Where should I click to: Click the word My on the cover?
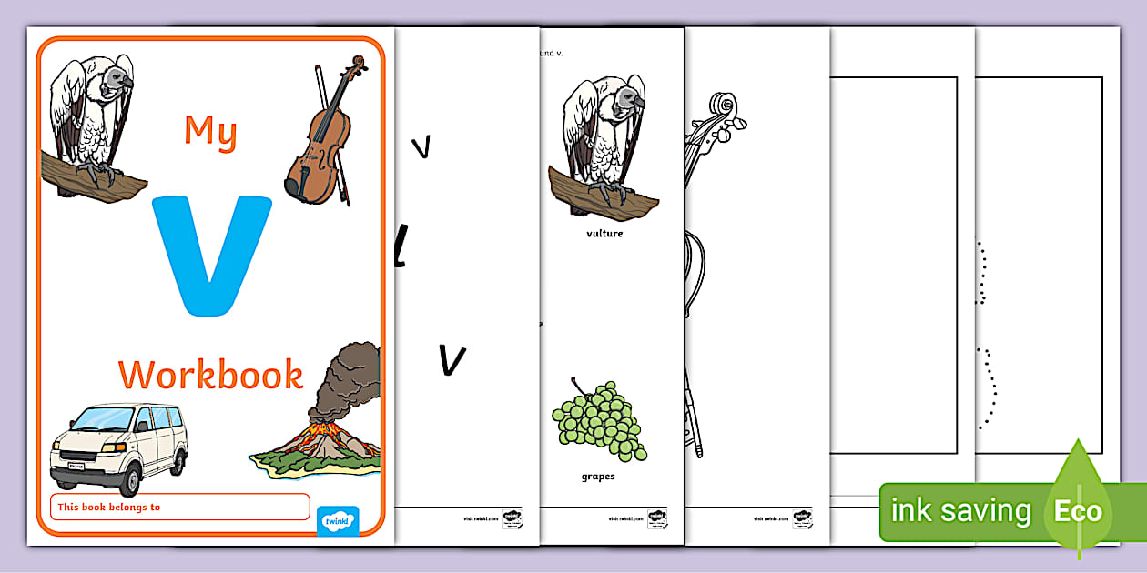(x=210, y=132)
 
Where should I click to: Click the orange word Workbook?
(x=210, y=375)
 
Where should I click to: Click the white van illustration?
(x=118, y=446)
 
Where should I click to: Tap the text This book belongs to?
(x=108, y=507)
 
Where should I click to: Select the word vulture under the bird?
(x=604, y=234)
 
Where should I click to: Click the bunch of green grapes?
(x=600, y=420)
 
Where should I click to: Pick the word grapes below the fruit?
(x=598, y=476)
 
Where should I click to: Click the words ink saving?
(x=960, y=511)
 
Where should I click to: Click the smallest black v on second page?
(x=421, y=146)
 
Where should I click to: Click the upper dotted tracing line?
(x=980, y=273)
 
